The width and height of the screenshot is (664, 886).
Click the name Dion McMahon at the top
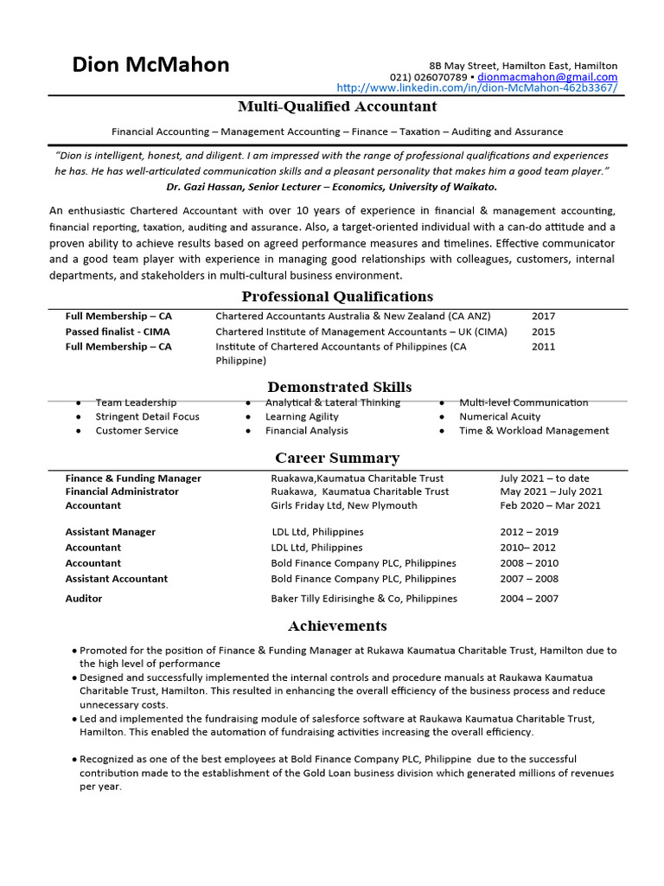point(150,65)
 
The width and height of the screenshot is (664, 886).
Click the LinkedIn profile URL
point(476,88)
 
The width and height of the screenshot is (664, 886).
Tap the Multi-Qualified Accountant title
point(337,106)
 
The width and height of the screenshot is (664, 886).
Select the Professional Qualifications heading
point(337,297)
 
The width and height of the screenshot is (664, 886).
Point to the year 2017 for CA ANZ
point(543,317)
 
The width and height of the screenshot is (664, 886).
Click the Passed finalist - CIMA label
point(118,331)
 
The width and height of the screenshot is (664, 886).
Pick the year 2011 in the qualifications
point(543,346)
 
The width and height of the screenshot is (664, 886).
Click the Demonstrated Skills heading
point(339,387)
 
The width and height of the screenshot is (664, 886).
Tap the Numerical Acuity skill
point(501,416)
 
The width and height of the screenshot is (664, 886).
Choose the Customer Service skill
point(137,430)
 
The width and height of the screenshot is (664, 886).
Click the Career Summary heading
point(337,458)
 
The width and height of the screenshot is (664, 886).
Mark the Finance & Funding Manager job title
point(133,478)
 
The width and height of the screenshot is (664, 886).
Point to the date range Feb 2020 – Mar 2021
point(550,505)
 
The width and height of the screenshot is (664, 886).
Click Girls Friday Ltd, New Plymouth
point(344,505)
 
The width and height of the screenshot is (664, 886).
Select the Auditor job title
point(84,598)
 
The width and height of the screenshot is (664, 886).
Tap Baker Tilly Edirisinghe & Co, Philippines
point(364,598)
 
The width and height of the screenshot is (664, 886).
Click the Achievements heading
point(337,626)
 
